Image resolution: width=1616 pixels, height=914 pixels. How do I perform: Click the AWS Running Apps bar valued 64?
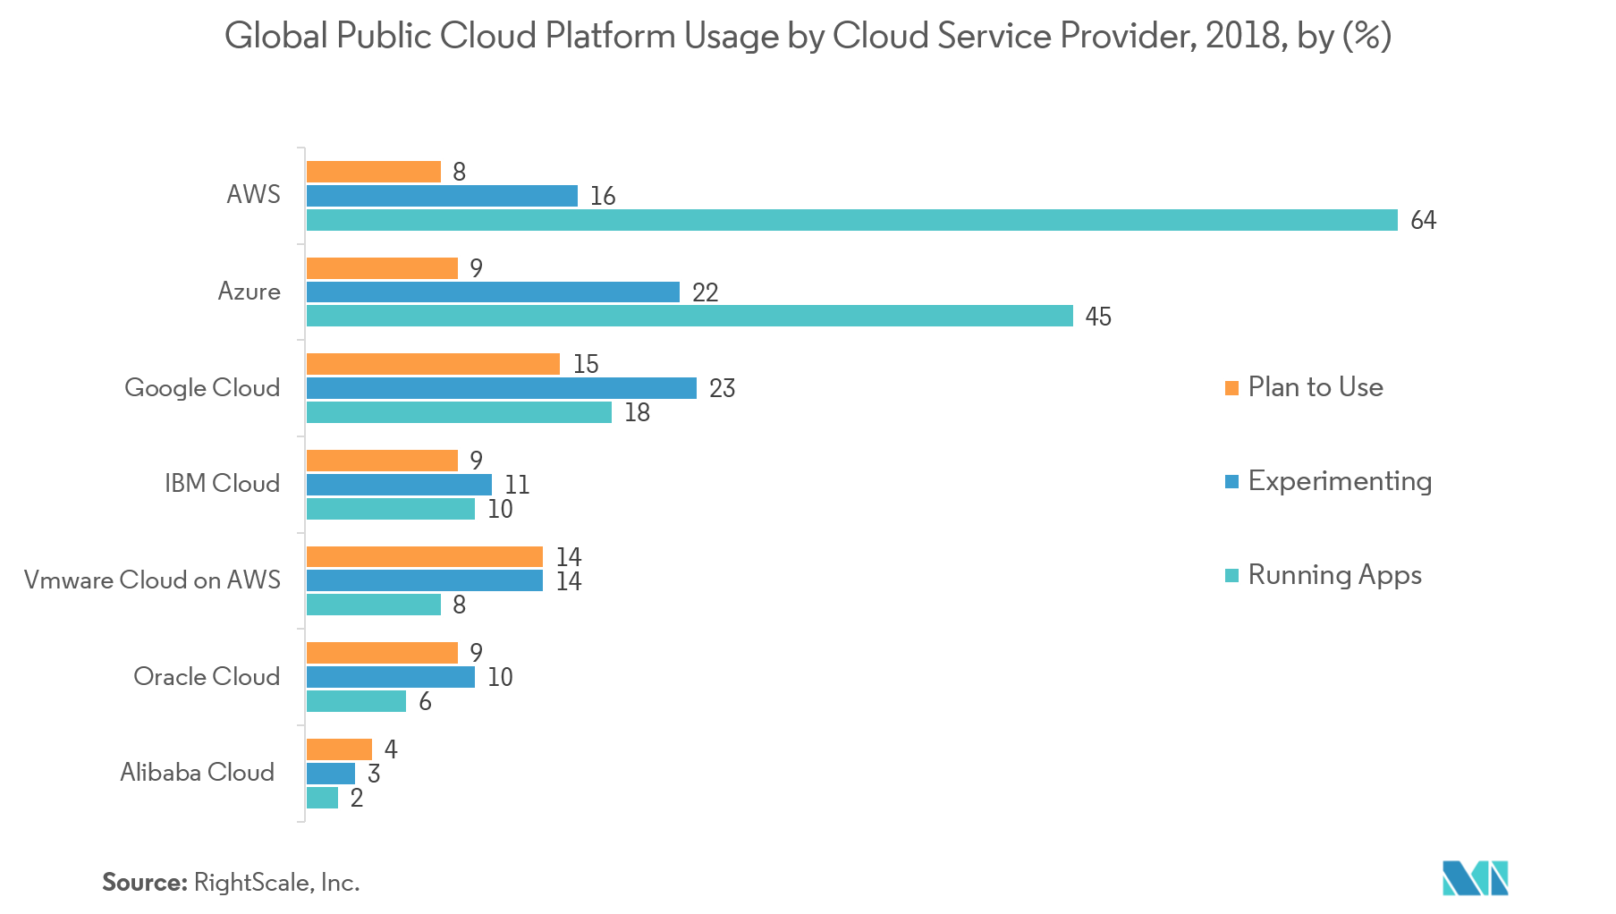(x=852, y=220)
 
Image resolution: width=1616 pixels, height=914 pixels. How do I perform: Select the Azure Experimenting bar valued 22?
(x=493, y=292)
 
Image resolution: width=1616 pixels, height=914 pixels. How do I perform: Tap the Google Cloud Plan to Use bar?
(x=433, y=364)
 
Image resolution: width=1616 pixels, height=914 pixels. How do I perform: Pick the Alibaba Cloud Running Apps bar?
(x=322, y=798)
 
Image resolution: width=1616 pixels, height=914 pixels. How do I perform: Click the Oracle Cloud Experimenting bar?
(x=391, y=677)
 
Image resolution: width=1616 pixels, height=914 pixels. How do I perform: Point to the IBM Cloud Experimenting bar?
(x=399, y=485)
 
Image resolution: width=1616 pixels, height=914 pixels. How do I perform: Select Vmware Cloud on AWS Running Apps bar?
(x=374, y=605)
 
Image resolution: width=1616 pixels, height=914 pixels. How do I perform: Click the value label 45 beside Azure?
(x=1098, y=317)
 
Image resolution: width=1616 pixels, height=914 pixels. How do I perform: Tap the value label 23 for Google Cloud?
(x=722, y=388)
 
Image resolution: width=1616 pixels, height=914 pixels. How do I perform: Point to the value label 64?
(x=1423, y=220)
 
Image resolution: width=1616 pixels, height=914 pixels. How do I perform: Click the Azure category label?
(x=249, y=292)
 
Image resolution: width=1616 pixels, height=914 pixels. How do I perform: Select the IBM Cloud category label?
(x=222, y=484)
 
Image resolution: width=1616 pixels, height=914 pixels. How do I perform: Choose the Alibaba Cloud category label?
(x=197, y=773)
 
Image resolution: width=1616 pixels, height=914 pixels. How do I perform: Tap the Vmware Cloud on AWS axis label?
(x=152, y=580)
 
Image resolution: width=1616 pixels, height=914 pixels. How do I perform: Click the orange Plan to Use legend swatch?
(x=1231, y=388)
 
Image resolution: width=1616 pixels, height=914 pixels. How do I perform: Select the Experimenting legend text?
(x=1340, y=481)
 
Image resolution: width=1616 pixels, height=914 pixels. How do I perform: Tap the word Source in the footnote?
(x=143, y=883)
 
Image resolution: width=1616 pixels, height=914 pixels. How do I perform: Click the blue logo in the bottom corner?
(x=1475, y=878)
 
